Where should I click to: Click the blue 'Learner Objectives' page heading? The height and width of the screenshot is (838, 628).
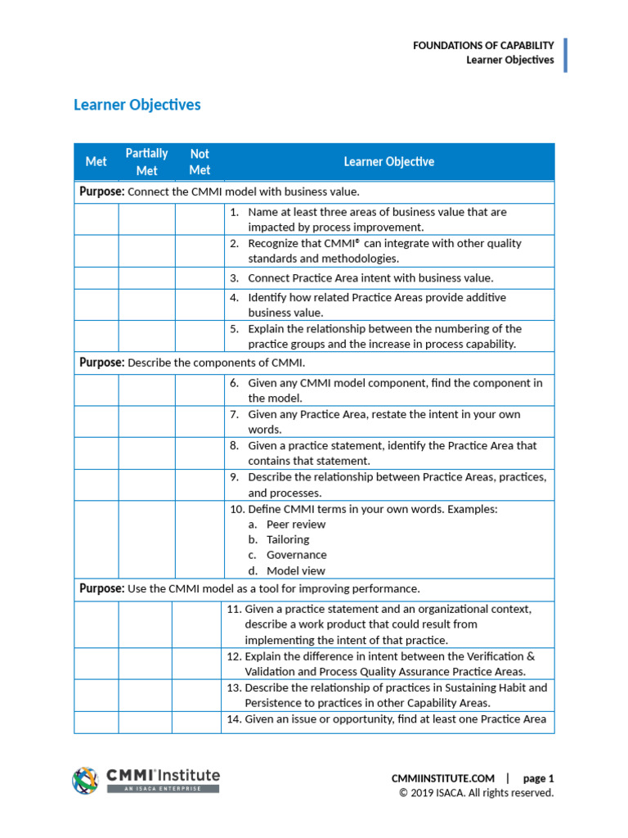pyautogui.click(x=137, y=105)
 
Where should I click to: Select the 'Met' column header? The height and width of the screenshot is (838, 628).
pyautogui.click(x=96, y=162)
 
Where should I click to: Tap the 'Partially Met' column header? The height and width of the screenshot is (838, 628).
pyautogui.click(x=146, y=162)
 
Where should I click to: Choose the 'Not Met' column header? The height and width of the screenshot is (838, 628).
pyautogui.click(x=200, y=162)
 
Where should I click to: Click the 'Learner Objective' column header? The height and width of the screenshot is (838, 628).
pyautogui.click(x=388, y=162)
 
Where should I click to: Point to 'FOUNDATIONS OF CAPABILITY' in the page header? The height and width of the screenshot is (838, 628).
pyautogui.click(x=483, y=46)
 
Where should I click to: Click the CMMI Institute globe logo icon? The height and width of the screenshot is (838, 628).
pyautogui.click(x=86, y=780)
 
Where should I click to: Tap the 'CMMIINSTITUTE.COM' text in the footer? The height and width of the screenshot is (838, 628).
pyautogui.click(x=443, y=778)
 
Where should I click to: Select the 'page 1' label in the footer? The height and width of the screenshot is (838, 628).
pyautogui.click(x=538, y=778)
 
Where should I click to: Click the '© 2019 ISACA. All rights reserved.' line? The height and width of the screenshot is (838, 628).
pyautogui.click(x=476, y=793)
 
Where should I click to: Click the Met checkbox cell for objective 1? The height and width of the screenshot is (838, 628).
pyautogui.click(x=96, y=219)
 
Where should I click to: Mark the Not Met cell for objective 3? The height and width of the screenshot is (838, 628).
pyautogui.click(x=200, y=278)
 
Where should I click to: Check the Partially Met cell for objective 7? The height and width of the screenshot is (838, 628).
pyautogui.click(x=146, y=421)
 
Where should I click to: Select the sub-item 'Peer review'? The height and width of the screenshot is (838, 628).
pyautogui.click(x=295, y=524)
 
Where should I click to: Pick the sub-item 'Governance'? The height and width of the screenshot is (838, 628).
pyautogui.click(x=296, y=555)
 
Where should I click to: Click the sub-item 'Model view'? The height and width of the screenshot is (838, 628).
pyautogui.click(x=295, y=570)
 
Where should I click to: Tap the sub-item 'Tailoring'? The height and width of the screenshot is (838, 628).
pyautogui.click(x=287, y=539)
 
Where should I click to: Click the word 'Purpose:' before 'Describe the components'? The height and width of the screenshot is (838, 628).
pyautogui.click(x=102, y=363)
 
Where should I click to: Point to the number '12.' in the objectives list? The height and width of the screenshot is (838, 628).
pyautogui.click(x=232, y=656)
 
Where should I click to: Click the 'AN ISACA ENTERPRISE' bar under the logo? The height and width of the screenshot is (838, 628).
pyautogui.click(x=163, y=788)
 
